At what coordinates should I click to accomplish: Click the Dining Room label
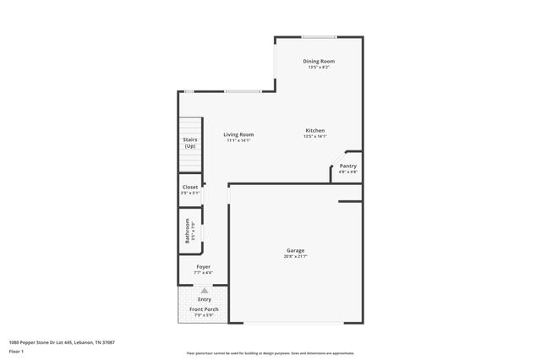point(320,61)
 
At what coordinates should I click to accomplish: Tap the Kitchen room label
point(315,130)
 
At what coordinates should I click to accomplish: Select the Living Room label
point(238,134)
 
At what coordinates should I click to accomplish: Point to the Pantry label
point(348,166)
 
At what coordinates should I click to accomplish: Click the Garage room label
point(295,250)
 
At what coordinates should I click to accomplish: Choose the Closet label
point(190,187)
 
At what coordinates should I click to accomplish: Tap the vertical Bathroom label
point(188,232)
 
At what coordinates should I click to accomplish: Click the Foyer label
point(204,267)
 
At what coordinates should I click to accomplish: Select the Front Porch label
point(204,310)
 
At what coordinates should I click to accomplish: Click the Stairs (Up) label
point(190,143)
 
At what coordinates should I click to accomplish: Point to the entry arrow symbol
point(204,290)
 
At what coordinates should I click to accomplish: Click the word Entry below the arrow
point(205,299)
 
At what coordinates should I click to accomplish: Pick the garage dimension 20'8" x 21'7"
point(295,256)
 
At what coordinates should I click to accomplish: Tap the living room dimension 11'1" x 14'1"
point(238,140)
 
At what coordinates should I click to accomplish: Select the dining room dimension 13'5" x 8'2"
point(320,67)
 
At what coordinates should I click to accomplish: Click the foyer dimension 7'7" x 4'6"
point(204,273)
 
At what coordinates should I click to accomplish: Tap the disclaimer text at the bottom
point(270,353)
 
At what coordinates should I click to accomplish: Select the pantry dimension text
point(348,172)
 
